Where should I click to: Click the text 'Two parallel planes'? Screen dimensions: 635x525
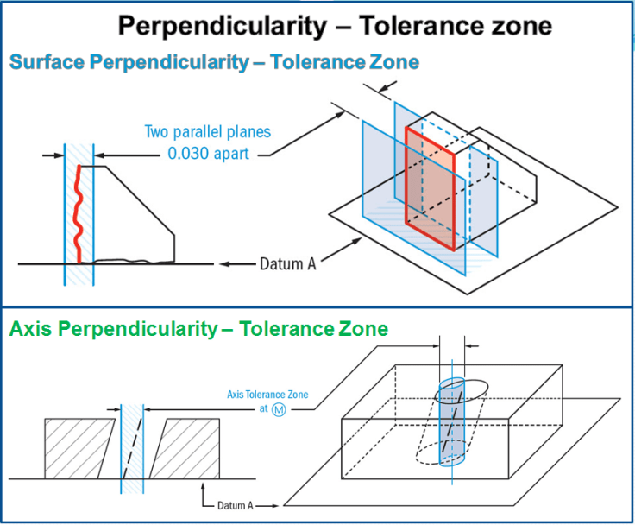coord(207,132)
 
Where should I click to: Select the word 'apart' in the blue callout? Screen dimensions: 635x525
coord(233,155)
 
